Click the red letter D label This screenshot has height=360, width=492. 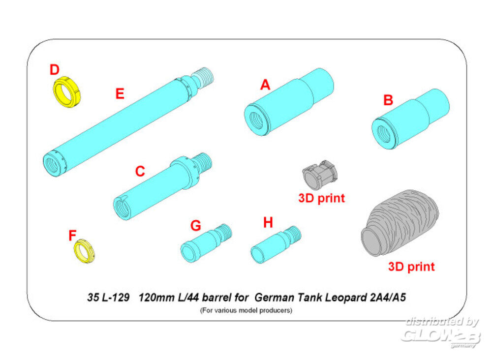[x=54, y=70]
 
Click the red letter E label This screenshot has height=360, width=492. [x=120, y=93]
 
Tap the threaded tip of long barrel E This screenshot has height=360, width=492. [x=206, y=75]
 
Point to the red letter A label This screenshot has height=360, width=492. [x=265, y=86]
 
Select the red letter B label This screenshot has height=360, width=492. [x=388, y=100]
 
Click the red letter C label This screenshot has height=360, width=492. [x=140, y=172]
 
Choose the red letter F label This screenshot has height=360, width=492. [x=72, y=236]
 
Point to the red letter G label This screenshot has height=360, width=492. [x=195, y=225]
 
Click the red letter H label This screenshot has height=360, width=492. [x=268, y=223]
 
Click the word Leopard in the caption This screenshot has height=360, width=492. [x=342, y=298]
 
